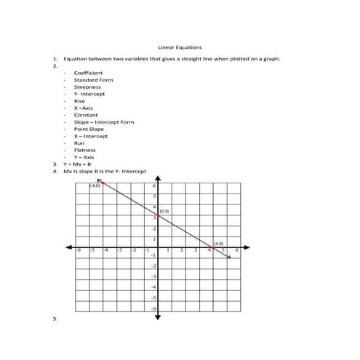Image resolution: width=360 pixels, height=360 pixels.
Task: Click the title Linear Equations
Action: pyautogui.click(x=179, y=47)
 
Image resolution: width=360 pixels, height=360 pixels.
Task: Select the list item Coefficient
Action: pyautogui.click(x=88, y=73)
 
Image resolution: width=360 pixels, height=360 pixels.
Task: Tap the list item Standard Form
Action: pyautogui.click(x=93, y=80)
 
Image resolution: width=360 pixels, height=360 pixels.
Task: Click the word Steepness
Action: pyautogui.click(x=87, y=87)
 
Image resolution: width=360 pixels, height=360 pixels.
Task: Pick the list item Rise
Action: pyautogui.click(x=79, y=101)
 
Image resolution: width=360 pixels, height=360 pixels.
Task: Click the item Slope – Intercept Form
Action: pyautogui.click(x=104, y=122)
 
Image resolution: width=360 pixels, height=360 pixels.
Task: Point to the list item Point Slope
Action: pyautogui.click(x=89, y=129)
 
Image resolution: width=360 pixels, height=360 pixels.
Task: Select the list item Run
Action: pyautogui.click(x=79, y=143)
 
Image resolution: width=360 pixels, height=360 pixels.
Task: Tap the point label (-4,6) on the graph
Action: pyautogui.click(x=95, y=187)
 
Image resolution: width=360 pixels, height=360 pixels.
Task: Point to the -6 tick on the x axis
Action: pyautogui.click(x=79, y=250)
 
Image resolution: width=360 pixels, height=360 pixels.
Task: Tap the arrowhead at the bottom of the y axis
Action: pyautogui.click(x=157, y=317)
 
